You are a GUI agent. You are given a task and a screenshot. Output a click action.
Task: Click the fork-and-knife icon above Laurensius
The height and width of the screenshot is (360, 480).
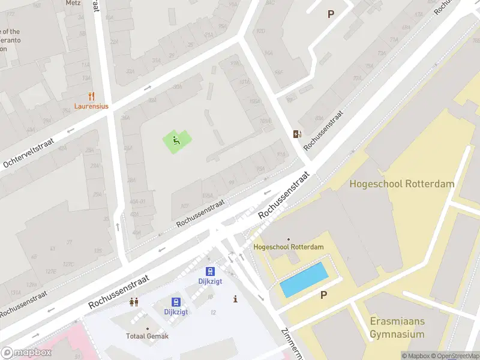91,96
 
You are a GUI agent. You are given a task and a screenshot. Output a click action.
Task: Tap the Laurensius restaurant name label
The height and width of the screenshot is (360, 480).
91,106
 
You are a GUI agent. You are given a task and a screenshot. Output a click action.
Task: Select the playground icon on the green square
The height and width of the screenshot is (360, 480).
176,140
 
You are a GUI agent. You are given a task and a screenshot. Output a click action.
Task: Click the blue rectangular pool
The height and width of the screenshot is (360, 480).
304,280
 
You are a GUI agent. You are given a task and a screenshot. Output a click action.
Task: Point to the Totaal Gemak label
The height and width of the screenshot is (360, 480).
147,336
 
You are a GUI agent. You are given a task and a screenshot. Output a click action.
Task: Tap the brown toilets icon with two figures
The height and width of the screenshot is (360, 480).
134,302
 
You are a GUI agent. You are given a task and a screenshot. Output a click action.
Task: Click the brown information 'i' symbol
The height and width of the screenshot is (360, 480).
235,299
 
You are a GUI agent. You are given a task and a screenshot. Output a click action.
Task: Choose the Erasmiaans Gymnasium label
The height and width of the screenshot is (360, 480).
397,328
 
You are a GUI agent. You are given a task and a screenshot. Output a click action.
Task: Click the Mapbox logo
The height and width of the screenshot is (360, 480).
26,353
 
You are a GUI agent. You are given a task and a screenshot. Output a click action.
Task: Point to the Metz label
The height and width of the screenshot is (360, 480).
73,3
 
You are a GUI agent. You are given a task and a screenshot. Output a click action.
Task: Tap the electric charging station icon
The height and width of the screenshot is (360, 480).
296,134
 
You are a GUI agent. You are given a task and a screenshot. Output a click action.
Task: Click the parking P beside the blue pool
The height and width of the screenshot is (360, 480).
324,295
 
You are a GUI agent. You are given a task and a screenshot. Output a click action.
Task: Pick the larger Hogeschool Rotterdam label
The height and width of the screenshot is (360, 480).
402,184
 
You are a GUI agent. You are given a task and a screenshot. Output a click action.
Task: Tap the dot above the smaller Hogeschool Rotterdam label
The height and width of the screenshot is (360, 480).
289,239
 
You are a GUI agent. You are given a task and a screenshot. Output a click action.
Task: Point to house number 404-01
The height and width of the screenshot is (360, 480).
138,202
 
